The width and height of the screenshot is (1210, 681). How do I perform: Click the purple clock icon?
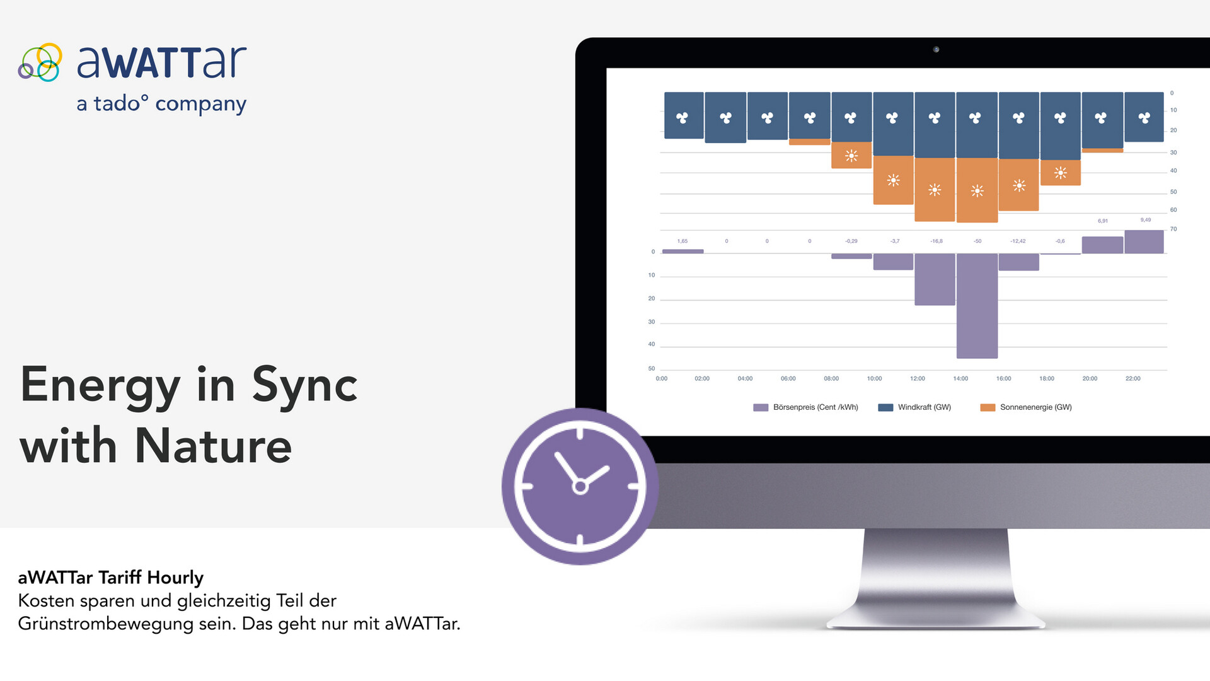point(580,486)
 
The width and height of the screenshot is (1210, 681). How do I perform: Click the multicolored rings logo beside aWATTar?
point(40,62)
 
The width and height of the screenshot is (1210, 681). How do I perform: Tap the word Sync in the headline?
point(305,385)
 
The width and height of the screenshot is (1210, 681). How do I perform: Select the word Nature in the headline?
point(213,445)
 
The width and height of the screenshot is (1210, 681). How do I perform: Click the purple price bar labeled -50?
point(977,306)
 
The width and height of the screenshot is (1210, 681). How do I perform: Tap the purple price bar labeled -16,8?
point(935,279)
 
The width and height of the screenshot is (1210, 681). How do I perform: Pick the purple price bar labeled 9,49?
point(1144,242)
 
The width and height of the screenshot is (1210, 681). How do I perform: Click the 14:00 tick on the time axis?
point(960,378)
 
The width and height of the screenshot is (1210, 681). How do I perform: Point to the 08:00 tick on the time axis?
point(831,378)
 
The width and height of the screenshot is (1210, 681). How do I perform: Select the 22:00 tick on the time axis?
point(1132,378)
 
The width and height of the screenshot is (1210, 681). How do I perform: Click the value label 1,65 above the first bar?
point(683,241)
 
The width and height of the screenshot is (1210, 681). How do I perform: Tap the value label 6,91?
point(1103,221)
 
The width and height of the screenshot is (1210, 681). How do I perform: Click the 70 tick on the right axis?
point(1173,229)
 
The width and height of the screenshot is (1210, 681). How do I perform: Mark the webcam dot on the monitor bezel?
point(936,49)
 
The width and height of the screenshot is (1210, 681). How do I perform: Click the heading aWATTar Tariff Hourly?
point(111,578)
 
